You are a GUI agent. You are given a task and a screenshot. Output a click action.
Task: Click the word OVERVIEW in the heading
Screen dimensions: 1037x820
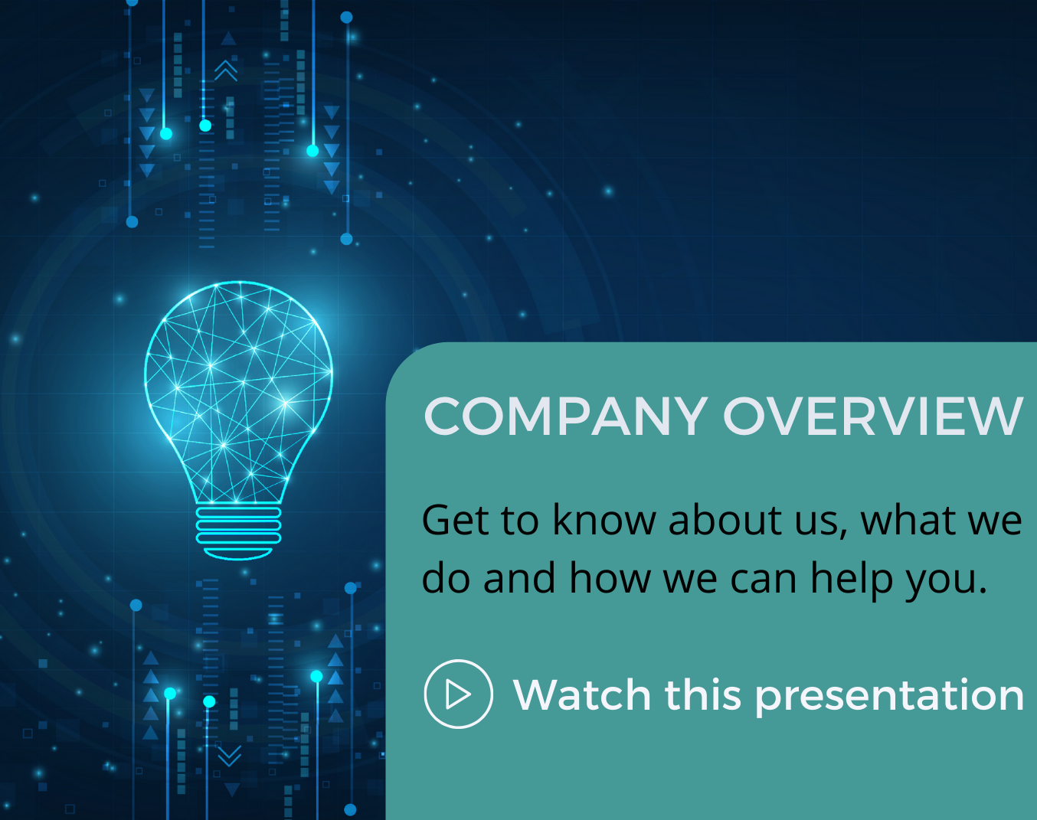click(872, 417)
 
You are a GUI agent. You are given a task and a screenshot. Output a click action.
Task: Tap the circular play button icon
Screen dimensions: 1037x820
click(458, 694)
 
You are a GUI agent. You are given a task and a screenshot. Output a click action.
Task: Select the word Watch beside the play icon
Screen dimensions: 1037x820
click(582, 694)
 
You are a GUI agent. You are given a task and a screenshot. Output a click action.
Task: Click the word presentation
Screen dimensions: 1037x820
click(889, 697)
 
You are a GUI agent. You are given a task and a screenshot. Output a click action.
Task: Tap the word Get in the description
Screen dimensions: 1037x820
click(456, 520)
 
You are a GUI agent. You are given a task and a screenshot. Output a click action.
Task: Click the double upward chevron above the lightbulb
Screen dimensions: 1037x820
click(226, 71)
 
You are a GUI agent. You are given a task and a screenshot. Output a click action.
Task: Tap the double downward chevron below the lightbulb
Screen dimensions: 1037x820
click(229, 756)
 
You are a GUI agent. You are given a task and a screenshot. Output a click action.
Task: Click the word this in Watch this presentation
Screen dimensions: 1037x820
click(702, 694)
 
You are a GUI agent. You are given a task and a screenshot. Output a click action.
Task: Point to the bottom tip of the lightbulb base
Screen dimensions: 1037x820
click(238, 560)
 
